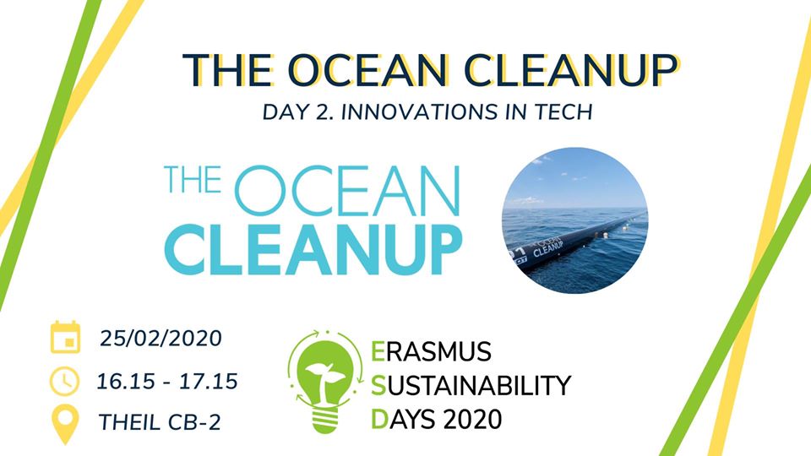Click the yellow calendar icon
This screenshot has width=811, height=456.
point(65,337)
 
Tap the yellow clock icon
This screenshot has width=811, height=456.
point(65,382)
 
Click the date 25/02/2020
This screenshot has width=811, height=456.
point(161,338)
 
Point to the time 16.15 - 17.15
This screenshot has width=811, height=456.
point(167,382)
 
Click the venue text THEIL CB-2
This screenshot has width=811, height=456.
point(160,422)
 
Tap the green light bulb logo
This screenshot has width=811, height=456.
point(324,382)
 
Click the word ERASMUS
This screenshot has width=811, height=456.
point(432,352)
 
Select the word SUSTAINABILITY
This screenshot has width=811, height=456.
point(471,386)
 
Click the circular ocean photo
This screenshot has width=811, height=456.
point(574,220)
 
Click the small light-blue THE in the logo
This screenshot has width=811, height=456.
point(193,179)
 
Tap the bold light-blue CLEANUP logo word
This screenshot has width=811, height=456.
point(313,250)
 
